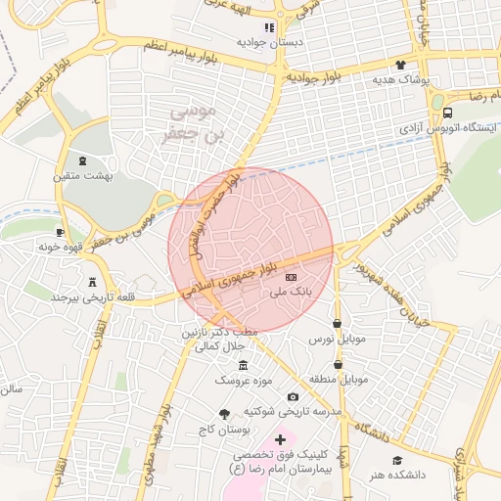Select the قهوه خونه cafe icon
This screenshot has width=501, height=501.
[x=61, y=233]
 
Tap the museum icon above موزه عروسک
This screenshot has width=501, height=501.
[x=243, y=365]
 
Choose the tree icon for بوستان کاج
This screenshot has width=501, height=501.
[x=225, y=414]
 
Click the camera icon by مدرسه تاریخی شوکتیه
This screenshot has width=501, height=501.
[x=293, y=396]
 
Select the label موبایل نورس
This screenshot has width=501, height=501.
[x=337, y=338]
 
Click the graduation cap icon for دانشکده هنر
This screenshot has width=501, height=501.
[x=397, y=460]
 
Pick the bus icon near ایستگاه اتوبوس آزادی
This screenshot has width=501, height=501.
[x=448, y=113]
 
